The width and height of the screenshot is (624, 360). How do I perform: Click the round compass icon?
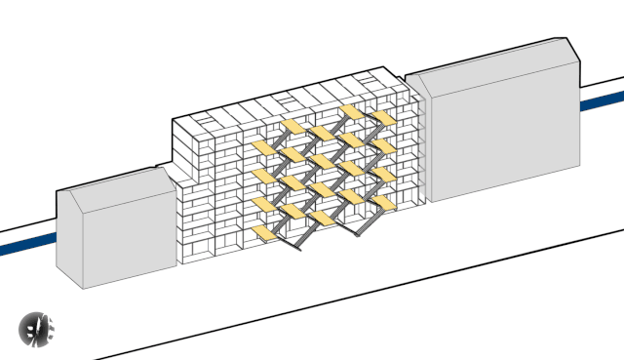tap(38, 329)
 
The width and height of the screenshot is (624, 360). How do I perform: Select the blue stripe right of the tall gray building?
tap(602, 100)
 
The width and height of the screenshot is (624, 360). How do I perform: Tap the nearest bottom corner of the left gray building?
tap(84, 288)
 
